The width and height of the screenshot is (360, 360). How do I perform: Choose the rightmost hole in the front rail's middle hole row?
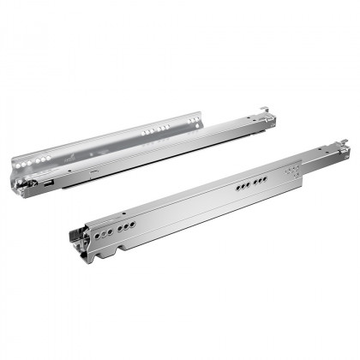pos(265,179)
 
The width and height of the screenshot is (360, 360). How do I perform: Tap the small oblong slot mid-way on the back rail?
pos(91,172)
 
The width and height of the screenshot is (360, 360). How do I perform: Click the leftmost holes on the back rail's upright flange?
pos(34,159)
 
